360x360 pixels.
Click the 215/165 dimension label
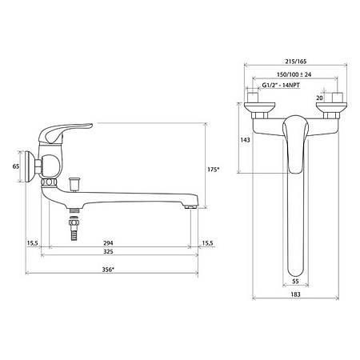click(x=295, y=62)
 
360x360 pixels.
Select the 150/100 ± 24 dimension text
click(x=294, y=74)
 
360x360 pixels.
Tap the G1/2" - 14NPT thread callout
click(x=281, y=85)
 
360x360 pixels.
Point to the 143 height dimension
click(x=245, y=140)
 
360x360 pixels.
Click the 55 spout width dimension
click(x=295, y=281)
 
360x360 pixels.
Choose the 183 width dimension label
click(x=295, y=294)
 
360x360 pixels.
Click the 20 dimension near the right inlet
click(x=319, y=98)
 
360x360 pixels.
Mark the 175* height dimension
click(x=213, y=170)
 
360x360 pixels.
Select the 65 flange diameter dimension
click(x=16, y=166)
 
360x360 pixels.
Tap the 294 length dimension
click(x=108, y=243)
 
